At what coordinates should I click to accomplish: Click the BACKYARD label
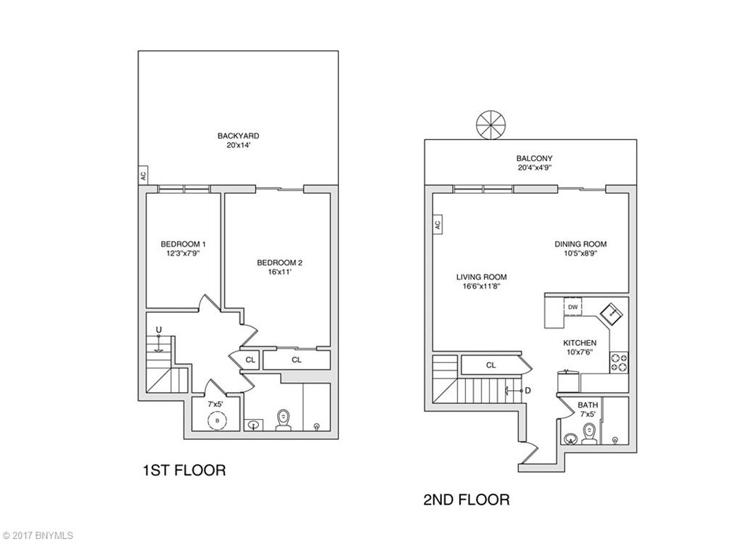238,136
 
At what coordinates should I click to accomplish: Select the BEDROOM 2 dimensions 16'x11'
279,273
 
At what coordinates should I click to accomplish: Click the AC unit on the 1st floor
142,175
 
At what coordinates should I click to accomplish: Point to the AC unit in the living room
438,225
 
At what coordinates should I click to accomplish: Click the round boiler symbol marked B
216,421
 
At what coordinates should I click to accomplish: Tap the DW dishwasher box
573,308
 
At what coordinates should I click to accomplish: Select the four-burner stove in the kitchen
619,361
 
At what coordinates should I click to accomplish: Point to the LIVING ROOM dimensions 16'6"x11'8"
481,286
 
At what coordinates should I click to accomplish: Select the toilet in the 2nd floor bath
589,433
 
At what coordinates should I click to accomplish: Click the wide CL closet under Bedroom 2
296,360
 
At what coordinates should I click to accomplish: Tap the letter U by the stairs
158,331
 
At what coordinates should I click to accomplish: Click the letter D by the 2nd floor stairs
528,390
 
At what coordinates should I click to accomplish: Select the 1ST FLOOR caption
184,470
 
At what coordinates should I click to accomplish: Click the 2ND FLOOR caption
466,499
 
